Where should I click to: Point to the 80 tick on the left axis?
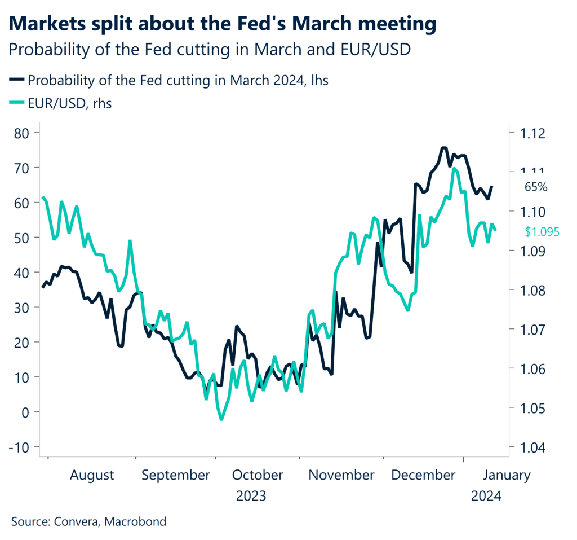pyautogui.click(x=23, y=133)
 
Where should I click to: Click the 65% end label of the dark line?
pyautogui.click(x=536, y=187)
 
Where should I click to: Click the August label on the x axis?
pyautogui.click(x=91, y=475)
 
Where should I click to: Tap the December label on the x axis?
pyautogui.click(x=423, y=475)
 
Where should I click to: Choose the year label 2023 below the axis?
pyautogui.click(x=251, y=496)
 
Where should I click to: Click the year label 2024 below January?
pyautogui.click(x=485, y=496)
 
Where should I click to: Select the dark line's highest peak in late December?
pyautogui.click(x=444, y=148)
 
